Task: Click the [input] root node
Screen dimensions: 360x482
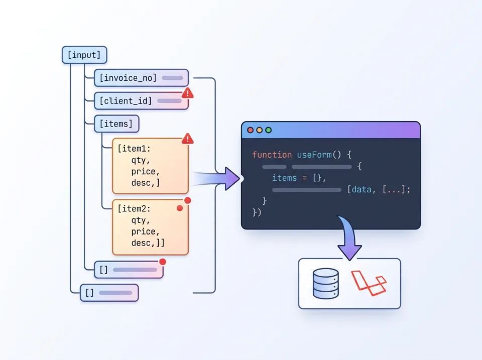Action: point(84,55)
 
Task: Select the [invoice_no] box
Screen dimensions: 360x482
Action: point(141,78)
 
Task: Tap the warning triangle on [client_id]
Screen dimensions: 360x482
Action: point(187,93)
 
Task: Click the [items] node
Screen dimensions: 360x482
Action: point(116,124)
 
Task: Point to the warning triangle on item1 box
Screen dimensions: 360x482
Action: point(187,138)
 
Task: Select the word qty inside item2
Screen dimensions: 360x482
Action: point(140,220)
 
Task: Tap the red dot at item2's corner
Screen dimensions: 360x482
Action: point(187,200)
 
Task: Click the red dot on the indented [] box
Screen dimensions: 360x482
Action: point(162,262)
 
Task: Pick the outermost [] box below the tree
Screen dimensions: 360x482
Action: point(109,292)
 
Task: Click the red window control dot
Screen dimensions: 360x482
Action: point(251,130)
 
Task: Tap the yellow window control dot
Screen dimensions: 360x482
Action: point(260,130)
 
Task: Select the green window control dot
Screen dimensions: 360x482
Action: point(269,130)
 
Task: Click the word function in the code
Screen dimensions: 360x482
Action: point(272,155)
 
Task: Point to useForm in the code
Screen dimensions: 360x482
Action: point(313,155)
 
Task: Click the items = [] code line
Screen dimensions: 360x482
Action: point(299,178)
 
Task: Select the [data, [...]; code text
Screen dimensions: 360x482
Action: point(379,189)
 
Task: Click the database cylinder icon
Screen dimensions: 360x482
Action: point(325,284)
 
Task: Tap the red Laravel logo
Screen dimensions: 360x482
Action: point(369,283)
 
